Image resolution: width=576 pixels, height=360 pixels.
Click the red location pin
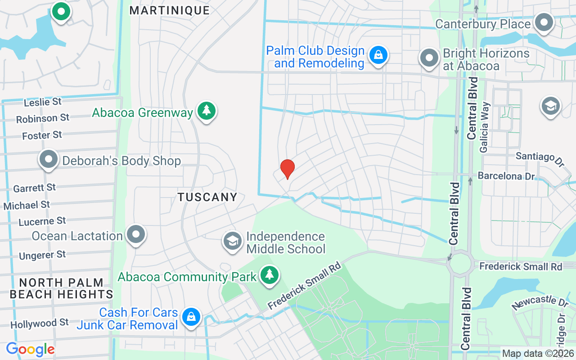[x=288, y=169]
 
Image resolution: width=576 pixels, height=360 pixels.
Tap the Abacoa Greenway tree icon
[x=206, y=111]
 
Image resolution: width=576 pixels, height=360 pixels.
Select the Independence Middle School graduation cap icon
[x=233, y=241]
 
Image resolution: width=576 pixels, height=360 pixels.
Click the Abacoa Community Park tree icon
[x=270, y=274]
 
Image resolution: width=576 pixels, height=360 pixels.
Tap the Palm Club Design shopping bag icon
[x=378, y=55]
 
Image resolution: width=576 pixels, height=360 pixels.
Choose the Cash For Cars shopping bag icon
[x=191, y=317]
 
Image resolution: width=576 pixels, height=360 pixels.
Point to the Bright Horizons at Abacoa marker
[x=429, y=58]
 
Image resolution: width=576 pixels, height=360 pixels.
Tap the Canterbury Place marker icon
[x=544, y=22]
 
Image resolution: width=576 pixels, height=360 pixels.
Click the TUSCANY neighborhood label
[x=207, y=197]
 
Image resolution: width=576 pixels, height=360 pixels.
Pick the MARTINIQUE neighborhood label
[x=170, y=10]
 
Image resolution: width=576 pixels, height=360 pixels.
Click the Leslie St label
[x=42, y=102]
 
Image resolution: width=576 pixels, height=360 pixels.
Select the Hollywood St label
[x=40, y=324]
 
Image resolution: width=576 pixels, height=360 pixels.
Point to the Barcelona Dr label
[x=506, y=175]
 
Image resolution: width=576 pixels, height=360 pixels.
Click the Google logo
[x=30, y=349]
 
